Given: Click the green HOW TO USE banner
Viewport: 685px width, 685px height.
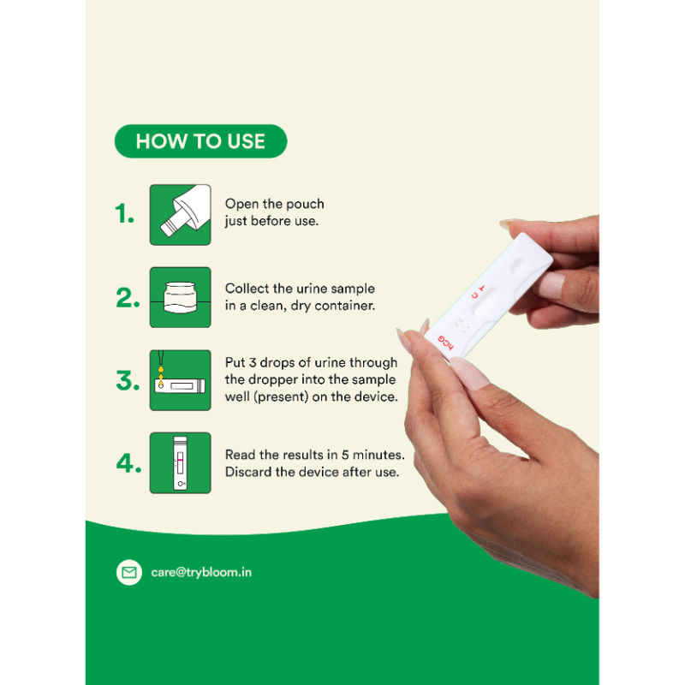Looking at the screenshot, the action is click(200, 141).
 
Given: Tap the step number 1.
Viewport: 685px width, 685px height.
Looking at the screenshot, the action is click(124, 213).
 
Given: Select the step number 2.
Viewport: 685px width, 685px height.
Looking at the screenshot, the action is click(128, 297).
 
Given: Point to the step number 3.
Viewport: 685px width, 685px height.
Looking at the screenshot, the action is click(128, 380).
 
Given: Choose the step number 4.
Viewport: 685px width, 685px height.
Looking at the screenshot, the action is click(128, 462).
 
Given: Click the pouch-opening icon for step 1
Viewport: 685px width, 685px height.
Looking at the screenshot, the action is click(180, 215).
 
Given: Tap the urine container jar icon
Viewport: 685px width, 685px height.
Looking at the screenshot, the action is click(180, 297).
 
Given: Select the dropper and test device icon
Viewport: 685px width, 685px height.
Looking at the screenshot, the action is click(180, 380).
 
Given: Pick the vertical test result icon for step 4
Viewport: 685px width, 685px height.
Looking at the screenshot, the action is click(180, 462).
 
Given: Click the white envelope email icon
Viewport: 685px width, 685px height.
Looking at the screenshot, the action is click(129, 572).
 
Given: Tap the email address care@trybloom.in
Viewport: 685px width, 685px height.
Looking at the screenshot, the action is click(201, 572).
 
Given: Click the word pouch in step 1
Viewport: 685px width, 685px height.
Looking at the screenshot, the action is click(305, 205).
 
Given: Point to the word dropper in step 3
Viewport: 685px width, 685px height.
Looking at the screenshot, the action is click(287, 379).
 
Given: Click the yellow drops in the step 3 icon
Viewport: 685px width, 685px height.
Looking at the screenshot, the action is click(161, 377).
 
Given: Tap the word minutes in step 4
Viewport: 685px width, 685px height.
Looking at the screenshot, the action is click(378, 455).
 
